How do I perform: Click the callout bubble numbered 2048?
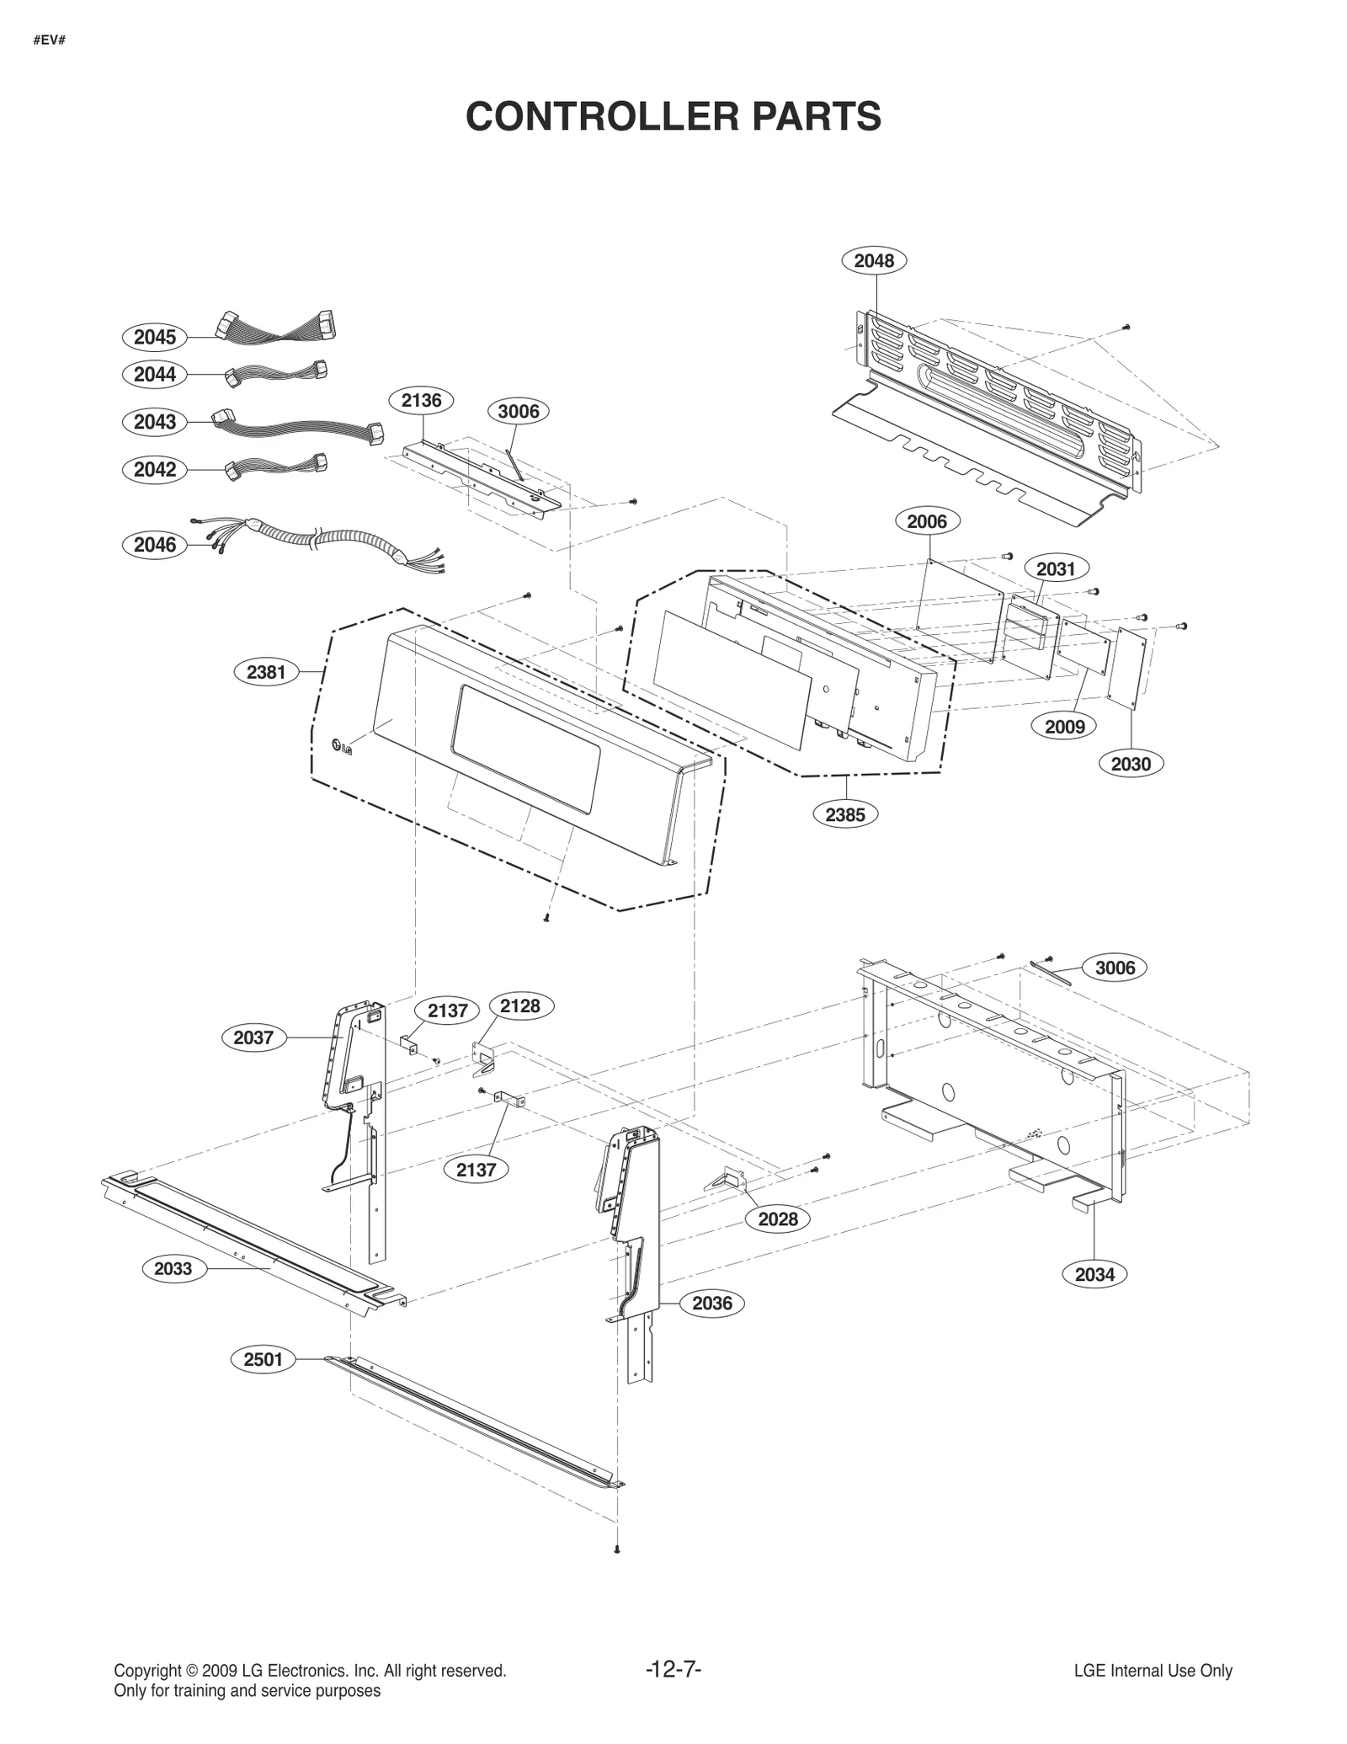[x=874, y=261]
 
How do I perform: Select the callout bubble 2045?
[x=155, y=338]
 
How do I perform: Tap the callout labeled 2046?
[x=155, y=545]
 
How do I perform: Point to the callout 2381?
[x=266, y=672]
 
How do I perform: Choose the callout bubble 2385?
[x=844, y=814]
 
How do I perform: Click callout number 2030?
[x=1130, y=764]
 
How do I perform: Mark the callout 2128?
[x=520, y=1005]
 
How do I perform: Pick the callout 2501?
[x=263, y=1359]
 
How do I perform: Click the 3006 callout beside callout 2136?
[x=518, y=411]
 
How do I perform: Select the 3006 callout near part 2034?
[x=1115, y=968]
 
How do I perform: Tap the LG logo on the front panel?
[x=342, y=746]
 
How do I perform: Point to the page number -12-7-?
[x=673, y=1669]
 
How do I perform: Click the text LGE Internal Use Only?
[x=1153, y=1671]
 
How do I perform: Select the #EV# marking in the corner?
[x=50, y=40]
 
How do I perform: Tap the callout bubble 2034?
[x=1094, y=1274]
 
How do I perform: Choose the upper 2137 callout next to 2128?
[x=447, y=1011]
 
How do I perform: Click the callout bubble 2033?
[x=173, y=1268]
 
